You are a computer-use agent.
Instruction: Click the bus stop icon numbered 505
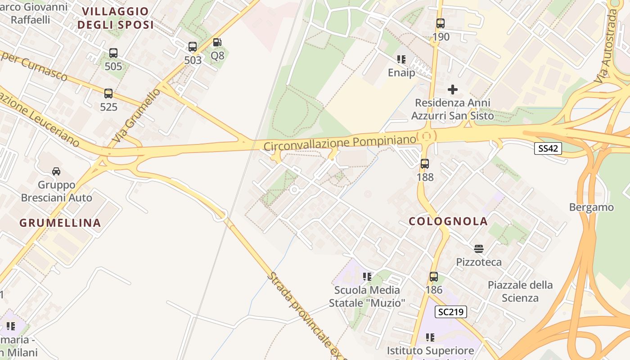pos(113,53)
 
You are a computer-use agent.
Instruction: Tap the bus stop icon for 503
pos(193,46)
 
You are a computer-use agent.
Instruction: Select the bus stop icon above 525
pos(108,94)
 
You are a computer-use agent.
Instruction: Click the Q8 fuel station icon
pos(217,43)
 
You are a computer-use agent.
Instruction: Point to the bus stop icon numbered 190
pos(441,23)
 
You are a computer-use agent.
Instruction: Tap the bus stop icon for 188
pos(425,164)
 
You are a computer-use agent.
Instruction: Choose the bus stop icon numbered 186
pos(434,276)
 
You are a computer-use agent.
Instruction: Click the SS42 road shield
pos(548,148)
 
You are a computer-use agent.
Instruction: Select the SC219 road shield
pos(451,312)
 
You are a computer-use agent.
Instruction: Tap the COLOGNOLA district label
pos(448,221)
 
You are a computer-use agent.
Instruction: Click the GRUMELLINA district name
pos(60,223)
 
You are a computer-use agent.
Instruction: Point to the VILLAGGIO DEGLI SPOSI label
pos(115,18)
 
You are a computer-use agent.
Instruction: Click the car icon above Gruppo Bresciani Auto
pos(56,171)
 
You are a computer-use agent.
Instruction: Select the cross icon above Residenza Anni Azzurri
pos(453,90)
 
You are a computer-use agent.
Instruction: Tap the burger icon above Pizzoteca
pos(479,248)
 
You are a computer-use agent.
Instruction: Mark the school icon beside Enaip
pos(401,59)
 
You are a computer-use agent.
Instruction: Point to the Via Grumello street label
pos(136,116)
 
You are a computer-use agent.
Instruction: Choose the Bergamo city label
pos(591,207)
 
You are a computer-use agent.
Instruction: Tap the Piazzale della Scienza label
pos(520,291)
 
